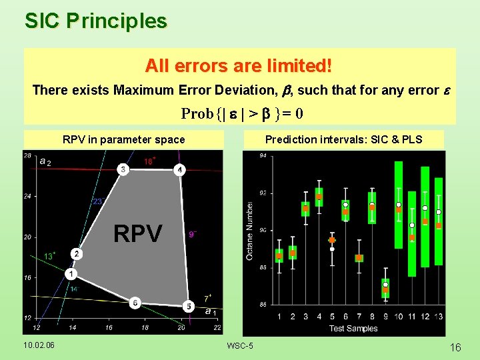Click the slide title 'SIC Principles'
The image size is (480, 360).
[96, 21]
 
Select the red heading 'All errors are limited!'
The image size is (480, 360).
[239, 66]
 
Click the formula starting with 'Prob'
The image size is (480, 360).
[243, 113]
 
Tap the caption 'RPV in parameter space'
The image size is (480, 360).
[123, 139]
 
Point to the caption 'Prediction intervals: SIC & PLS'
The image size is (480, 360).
[344, 139]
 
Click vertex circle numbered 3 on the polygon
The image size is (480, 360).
[123, 169]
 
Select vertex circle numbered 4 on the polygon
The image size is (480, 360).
[179, 169]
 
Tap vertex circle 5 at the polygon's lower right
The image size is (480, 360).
[189, 306]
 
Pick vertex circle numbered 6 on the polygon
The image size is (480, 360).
[135, 302]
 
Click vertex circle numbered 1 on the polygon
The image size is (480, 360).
[71, 274]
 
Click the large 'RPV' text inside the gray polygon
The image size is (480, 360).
[137, 234]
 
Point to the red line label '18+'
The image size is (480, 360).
[150, 161]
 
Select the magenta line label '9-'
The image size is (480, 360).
[193, 234]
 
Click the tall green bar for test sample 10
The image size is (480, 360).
[399, 205]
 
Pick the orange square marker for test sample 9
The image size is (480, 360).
[385, 290]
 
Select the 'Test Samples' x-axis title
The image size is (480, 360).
[353, 328]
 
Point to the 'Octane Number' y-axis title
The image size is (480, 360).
[249, 231]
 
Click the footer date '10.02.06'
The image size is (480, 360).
[39, 345]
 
